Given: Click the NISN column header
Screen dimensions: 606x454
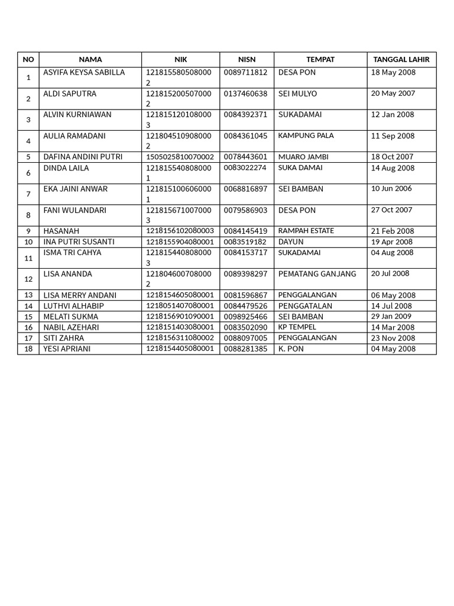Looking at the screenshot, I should tap(247, 59).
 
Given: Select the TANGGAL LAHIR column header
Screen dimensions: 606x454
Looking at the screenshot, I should tap(401, 59).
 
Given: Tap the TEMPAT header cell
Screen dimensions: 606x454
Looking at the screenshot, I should tap(320, 59).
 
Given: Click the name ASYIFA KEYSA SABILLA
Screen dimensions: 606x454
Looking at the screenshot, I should tap(84, 72).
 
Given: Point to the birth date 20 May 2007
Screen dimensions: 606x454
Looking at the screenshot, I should tap(393, 94).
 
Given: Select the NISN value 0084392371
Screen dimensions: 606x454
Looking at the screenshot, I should tap(245, 115).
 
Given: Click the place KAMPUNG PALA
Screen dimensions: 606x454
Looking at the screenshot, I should tap(306, 136).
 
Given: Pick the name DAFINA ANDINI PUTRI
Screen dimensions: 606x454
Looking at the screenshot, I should tap(83, 157).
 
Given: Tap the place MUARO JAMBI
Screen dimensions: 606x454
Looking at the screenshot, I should tap(303, 157).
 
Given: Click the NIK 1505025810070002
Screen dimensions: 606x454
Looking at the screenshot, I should tap(180, 157).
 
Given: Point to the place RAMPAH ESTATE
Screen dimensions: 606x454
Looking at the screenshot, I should tap(306, 231).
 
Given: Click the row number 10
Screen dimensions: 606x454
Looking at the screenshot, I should tap(28, 241).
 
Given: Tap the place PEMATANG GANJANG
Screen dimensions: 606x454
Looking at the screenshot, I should tap(317, 273).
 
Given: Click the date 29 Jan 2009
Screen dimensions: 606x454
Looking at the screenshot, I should tap(391, 317).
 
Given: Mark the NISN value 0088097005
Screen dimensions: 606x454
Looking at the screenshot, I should tap(245, 338).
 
